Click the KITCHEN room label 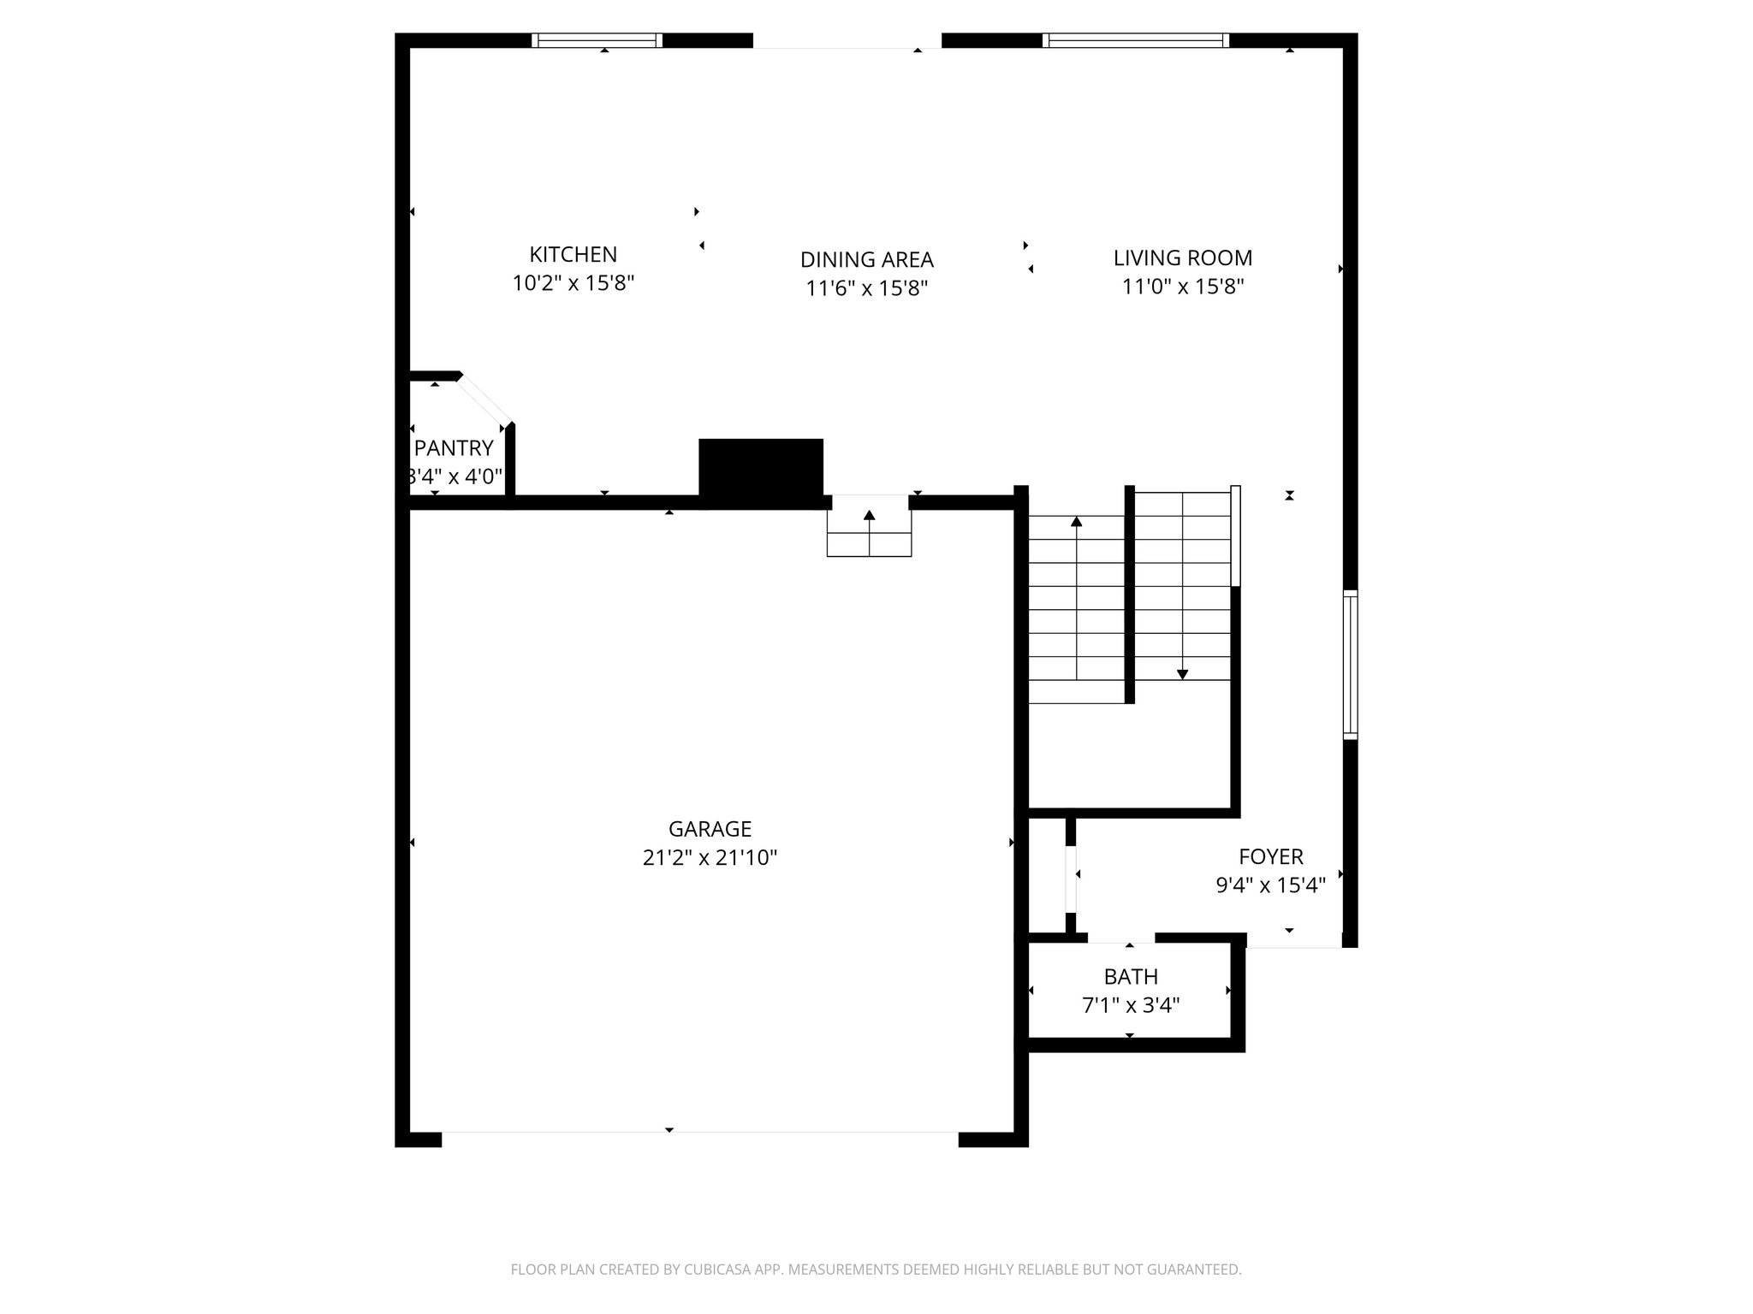[x=573, y=254]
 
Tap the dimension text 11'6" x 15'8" [x=866, y=288]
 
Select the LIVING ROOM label [x=1182, y=257]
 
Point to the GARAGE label [x=710, y=828]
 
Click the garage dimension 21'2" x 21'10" [x=710, y=857]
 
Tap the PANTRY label [x=454, y=448]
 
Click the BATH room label [x=1131, y=976]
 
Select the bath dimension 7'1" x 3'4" [x=1131, y=1005]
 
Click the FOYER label [x=1271, y=856]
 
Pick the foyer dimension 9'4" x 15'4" [x=1271, y=885]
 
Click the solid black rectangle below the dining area [x=761, y=468]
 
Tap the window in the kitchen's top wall [x=597, y=40]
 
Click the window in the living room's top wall [x=1136, y=40]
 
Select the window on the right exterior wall [x=1350, y=665]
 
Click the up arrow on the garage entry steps [x=870, y=516]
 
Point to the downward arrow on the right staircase [x=1182, y=674]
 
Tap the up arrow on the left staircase [x=1077, y=521]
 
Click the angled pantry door [x=484, y=400]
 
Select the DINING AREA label [x=866, y=259]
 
